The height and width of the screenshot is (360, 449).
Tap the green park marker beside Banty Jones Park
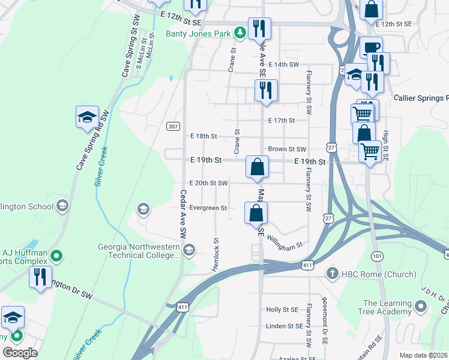(240, 32)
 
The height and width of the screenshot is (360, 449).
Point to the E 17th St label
(282, 121)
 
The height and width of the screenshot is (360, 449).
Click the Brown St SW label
(287, 149)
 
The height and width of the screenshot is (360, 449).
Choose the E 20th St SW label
(208, 183)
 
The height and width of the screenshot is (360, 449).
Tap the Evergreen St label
(208, 208)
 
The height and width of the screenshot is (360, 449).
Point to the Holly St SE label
(282, 310)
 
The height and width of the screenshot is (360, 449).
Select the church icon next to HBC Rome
(331, 274)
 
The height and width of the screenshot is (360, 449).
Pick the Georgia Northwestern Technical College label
(139, 251)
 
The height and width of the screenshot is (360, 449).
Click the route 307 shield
(173, 126)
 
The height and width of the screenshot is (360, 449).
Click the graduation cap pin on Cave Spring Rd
(87, 116)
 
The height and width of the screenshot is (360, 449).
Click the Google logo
(20, 353)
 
